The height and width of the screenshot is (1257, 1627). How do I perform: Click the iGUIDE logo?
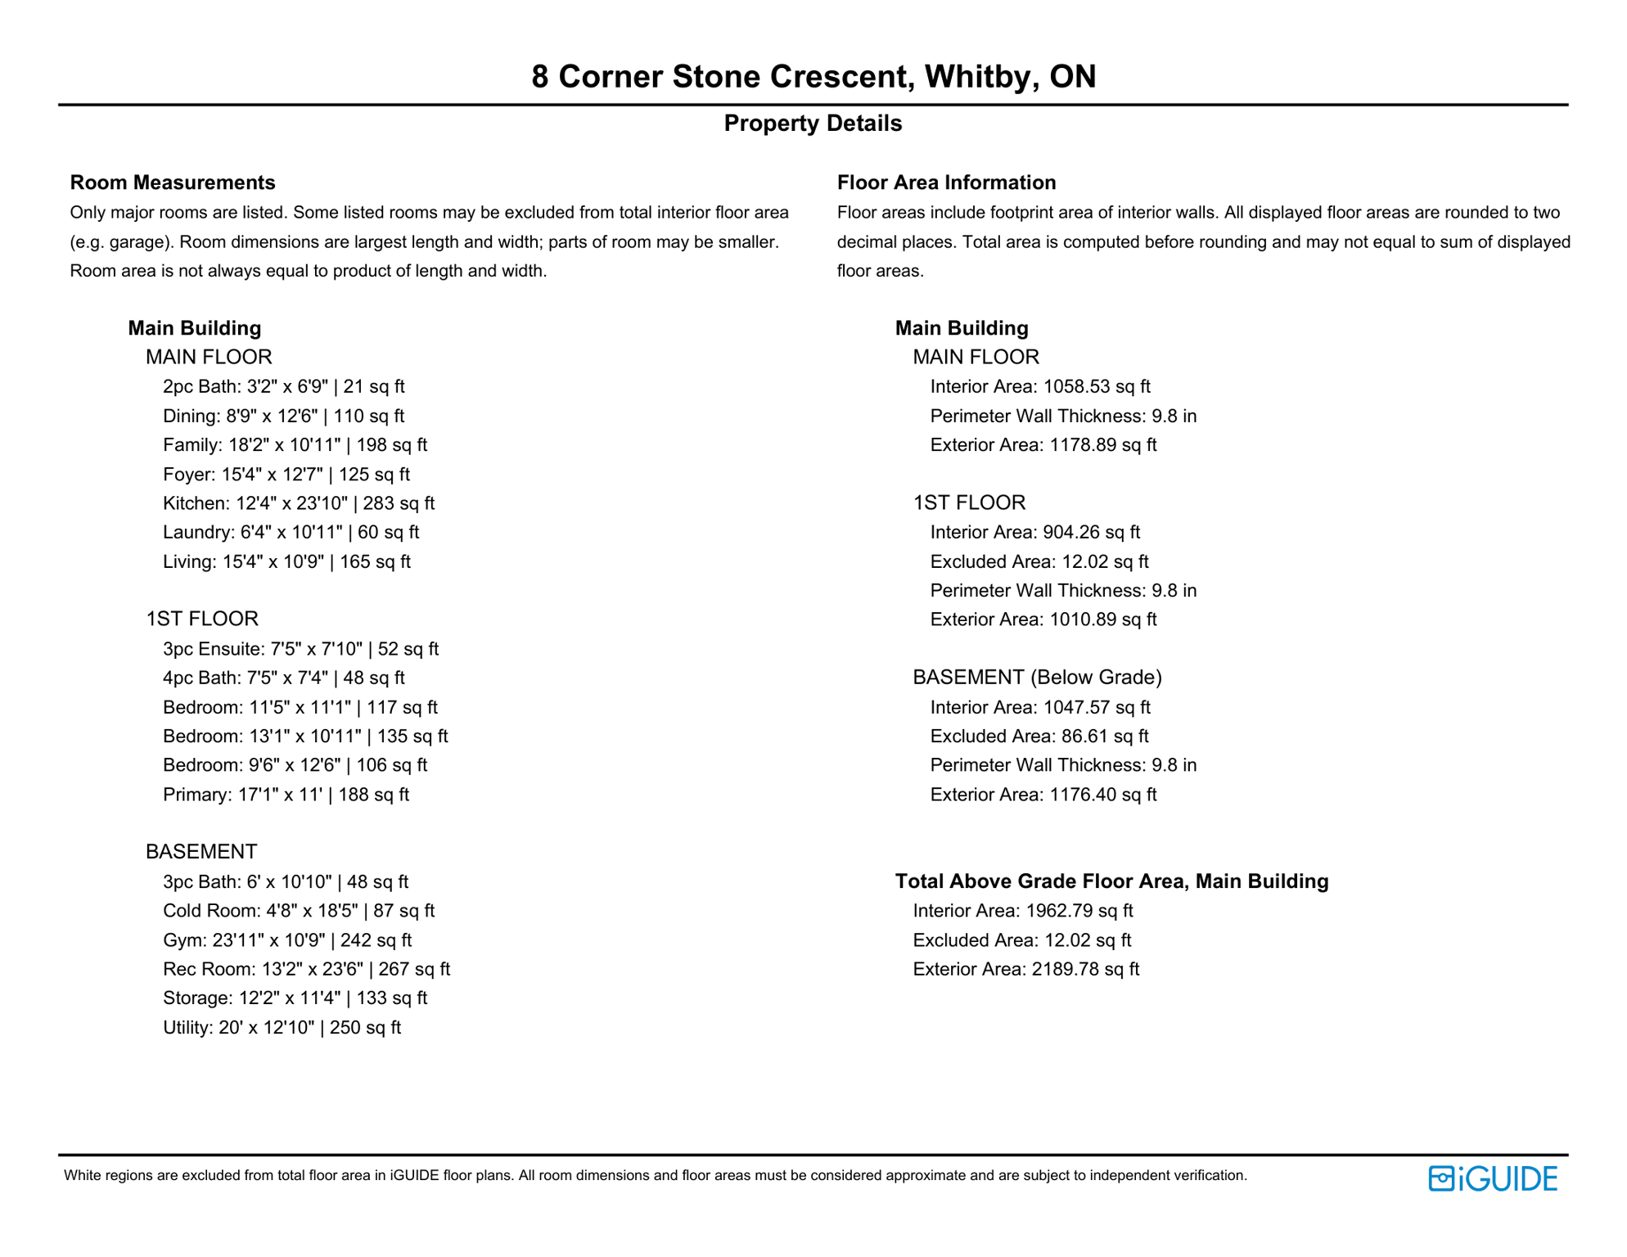pyautogui.click(x=1492, y=1178)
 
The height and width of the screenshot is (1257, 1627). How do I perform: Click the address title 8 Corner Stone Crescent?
pyautogui.click(x=813, y=77)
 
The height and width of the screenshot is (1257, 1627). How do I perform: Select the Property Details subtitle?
pyautogui.click(x=813, y=124)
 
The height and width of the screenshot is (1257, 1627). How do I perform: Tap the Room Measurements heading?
pyautogui.click(x=173, y=182)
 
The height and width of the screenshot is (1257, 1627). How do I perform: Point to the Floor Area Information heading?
pyautogui.click(x=946, y=182)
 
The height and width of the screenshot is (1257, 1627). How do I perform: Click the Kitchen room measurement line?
pyautogui.click(x=298, y=503)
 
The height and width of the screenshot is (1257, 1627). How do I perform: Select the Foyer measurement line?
pyautogui.click(x=286, y=475)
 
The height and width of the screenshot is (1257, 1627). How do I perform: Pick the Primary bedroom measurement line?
pyautogui.click(x=286, y=795)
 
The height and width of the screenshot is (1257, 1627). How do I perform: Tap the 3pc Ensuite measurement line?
pyautogui.click(x=300, y=649)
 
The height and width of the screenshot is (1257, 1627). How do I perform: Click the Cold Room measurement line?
pyautogui.click(x=298, y=911)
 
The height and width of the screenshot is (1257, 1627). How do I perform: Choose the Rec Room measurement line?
pyautogui.click(x=306, y=969)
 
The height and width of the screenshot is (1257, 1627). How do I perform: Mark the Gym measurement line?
pyautogui.click(x=286, y=940)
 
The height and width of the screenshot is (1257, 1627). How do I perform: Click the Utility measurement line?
pyautogui.click(x=282, y=1028)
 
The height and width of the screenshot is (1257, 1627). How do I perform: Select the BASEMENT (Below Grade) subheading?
pyautogui.click(x=1037, y=678)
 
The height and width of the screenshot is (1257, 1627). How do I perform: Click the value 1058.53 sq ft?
pyautogui.click(x=1096, y=386)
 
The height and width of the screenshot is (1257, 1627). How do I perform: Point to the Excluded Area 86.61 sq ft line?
pyautogui.click(x=1039, y=737)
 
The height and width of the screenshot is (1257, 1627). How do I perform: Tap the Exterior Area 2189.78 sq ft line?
pyautogui.click(x=1025, y=969)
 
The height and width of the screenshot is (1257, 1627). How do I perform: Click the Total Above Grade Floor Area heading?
pyautogui.click(x=1111, y=881)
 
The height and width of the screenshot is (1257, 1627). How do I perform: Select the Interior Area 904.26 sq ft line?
pyautogui.click(x=1034, y=533)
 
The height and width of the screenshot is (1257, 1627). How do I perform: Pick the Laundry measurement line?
pyautogui.click(x=291, y=533)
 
